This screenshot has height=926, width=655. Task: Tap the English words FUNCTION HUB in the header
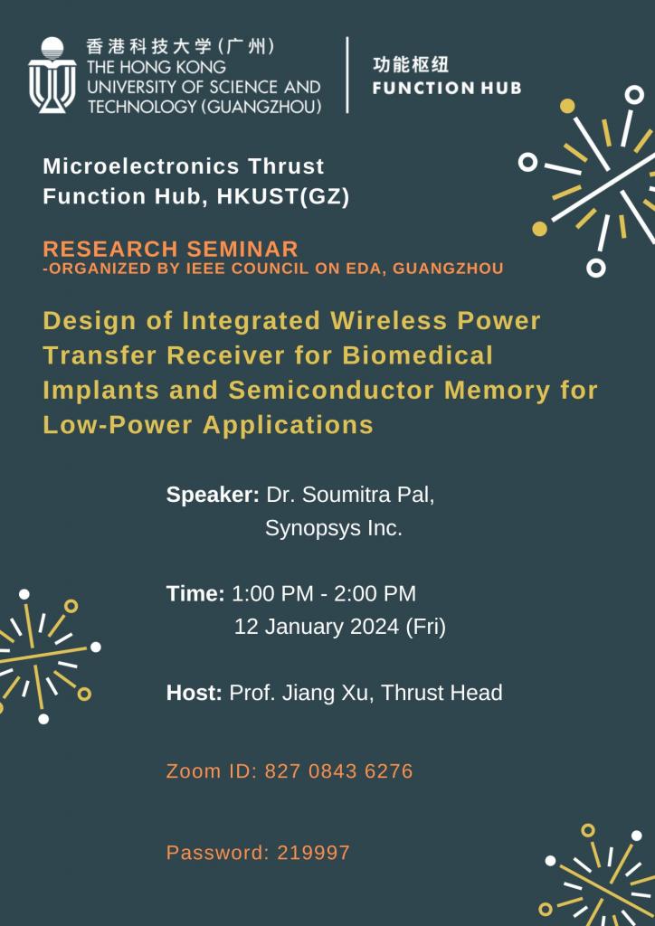[446, 89]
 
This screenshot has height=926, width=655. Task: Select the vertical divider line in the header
[347, 75]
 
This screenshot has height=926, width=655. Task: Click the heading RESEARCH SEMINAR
[170, 249]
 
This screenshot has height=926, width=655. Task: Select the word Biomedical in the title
[418, 355]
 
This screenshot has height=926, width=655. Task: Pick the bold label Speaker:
[213, 496]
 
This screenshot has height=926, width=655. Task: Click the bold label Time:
[195, 594]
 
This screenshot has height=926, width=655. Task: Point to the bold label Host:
[194, 694]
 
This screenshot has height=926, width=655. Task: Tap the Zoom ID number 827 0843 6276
[338, 771]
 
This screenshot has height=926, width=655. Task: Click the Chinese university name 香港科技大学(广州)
[180, 46]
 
